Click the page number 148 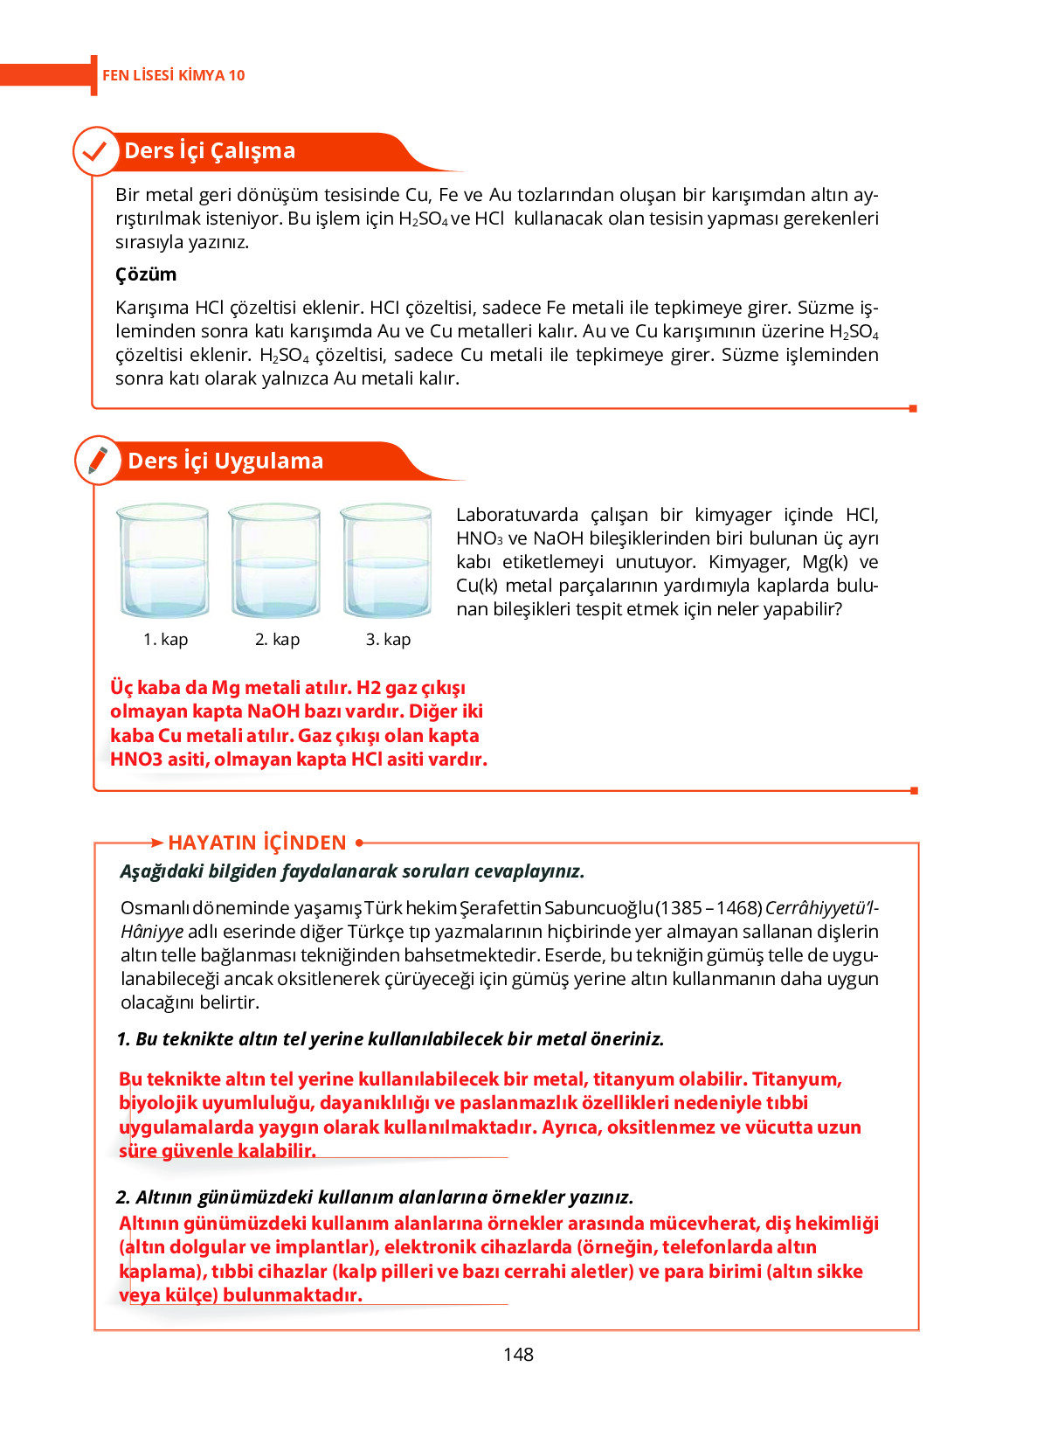[518, 1354]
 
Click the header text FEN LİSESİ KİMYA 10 [173, 75]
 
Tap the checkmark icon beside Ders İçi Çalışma [95, 151]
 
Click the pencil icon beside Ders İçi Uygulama [98, 461]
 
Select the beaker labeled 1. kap [163, 561]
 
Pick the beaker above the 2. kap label [275, 561]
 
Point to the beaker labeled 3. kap [386, 561]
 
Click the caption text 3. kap [388, 639]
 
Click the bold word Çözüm [146, 274]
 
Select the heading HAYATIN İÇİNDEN [257, 843]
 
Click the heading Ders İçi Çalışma [210, 151]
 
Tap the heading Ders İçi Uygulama [225, 461]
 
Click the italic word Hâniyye [152, 932]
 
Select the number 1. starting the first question [123, 1039]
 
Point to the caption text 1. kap [165, 639]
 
